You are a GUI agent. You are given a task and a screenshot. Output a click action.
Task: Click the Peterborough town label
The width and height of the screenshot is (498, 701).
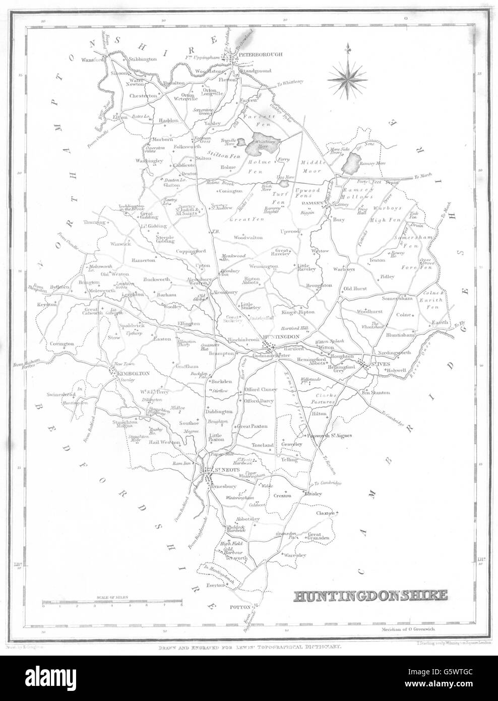(257, 53)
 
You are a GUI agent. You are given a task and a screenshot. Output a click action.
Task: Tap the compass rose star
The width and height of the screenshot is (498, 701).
(346, 77)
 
